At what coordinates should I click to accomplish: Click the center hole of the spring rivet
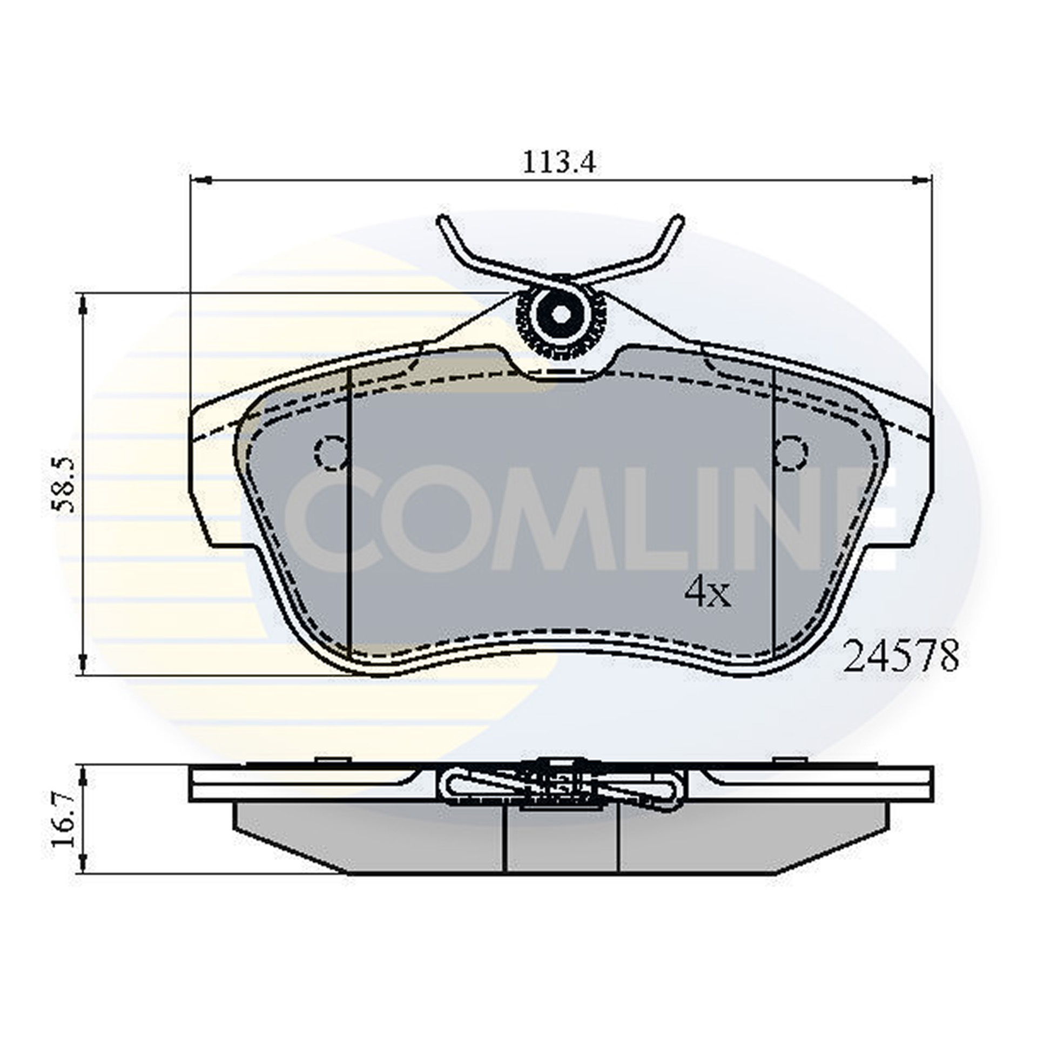[561, 314]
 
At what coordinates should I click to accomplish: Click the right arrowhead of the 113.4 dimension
[922, 179]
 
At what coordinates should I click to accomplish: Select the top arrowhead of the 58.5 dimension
[83, 305]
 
